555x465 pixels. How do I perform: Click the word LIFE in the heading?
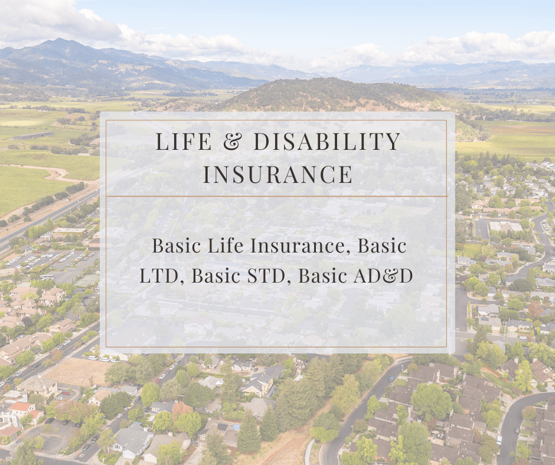click(184, 141)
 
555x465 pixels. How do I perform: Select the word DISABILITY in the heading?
click(327, 141)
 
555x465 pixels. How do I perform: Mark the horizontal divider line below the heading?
click(277, 196)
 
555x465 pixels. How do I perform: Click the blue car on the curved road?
click(391, 379)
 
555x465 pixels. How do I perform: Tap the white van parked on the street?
click(499, 440)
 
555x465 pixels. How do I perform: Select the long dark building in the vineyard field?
click(33, 136)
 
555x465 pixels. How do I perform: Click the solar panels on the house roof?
click(223, 427)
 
